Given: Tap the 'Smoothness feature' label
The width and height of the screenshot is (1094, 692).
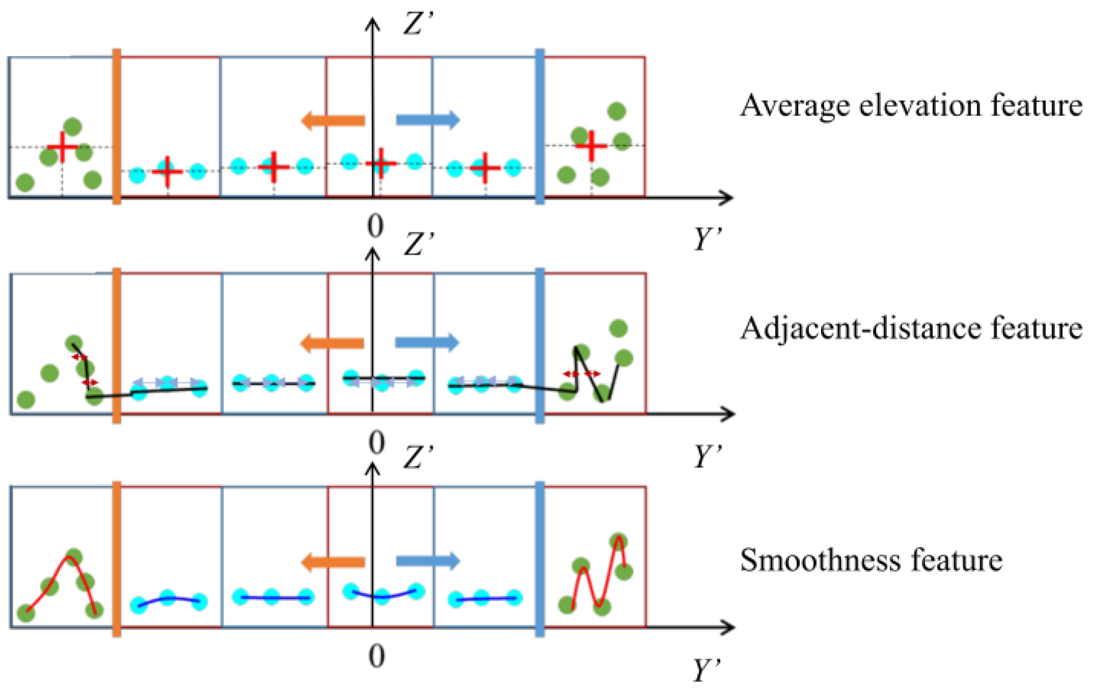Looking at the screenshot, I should [x=871, y=560].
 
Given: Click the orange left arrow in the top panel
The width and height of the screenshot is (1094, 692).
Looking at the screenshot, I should [x=333, y=121].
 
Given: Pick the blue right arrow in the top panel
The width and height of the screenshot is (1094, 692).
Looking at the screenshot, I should [x=428, y=120].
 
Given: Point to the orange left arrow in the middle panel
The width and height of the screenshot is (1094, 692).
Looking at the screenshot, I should [x=332, y=343].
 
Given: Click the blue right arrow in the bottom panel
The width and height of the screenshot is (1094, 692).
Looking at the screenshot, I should [x=428, y=562].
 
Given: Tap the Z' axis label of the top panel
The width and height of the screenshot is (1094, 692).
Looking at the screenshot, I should [x=418, y=24].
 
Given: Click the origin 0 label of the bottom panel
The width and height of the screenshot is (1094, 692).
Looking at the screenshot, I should [x=376, y=656].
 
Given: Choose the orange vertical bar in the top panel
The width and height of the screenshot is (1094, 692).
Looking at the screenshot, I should [x=117, y=126].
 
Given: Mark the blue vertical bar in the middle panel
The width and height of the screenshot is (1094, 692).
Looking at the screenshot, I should [x=540, y=345].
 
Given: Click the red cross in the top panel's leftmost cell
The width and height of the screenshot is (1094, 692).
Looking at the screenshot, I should [x=63, y=147].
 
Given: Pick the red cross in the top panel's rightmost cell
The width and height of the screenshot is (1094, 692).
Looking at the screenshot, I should [x=591, y=146].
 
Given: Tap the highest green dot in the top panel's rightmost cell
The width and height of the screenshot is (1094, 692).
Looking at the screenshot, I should [x=616, y=111].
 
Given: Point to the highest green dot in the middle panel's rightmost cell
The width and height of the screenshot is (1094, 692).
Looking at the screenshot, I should [x=618, y=329].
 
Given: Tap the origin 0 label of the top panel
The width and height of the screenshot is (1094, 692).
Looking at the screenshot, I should [x=375, y=226].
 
